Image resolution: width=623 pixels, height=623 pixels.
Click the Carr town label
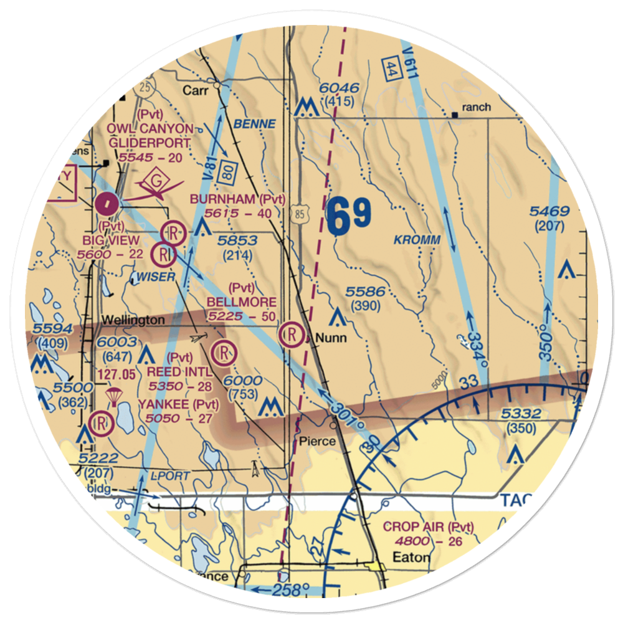[x=194, y=90]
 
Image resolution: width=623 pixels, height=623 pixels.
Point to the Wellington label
[x=133, y=320]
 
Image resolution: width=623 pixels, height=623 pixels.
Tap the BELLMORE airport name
[x=242, y=302]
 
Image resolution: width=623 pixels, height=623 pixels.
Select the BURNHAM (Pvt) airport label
[x=238, y=200]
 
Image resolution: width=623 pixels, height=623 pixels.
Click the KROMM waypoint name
[x=417, y=240]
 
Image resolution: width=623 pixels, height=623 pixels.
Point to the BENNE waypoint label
[x=254, y=124]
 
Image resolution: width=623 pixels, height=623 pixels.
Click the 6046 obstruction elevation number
[x=340, y=88]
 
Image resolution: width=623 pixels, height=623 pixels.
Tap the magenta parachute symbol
[x=113, y=396]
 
